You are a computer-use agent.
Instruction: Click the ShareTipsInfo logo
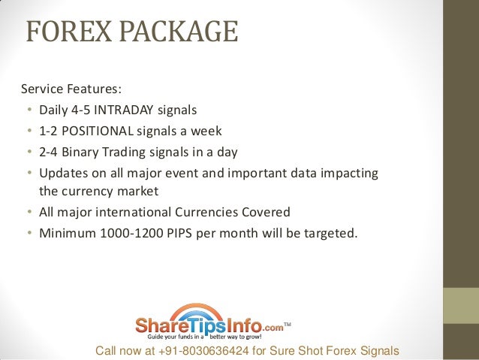click(x=209, y=325)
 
